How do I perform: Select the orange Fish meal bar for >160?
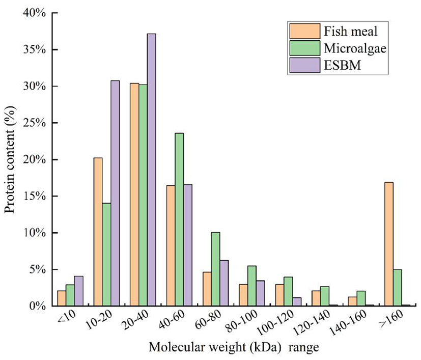click(388, 244)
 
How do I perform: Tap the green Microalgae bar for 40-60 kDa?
click(180, 219)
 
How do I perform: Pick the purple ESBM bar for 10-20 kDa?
click(115, 193)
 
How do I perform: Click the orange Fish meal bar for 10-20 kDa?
click(98, 232)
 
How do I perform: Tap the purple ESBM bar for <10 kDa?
click(78, 291)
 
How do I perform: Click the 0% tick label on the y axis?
click(38, 306)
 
